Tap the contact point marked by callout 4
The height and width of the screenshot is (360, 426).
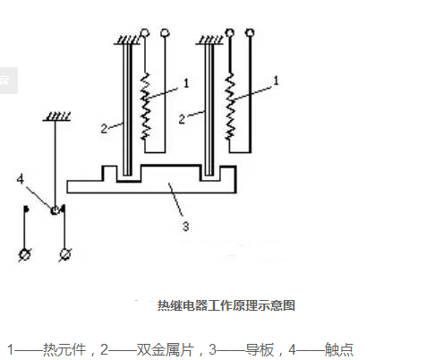[x=55, y=210]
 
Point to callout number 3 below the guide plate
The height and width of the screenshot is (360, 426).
[x=185, y=227]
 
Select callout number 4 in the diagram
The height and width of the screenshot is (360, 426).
[x=20, y=179]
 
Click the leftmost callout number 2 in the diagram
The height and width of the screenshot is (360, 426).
[x=104, y=128]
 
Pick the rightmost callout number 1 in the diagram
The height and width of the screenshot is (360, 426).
[x=277, y=80]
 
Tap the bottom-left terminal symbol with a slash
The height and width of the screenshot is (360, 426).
[x=25, y=256]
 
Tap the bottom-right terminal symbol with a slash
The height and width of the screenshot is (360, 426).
[x=64, y=256]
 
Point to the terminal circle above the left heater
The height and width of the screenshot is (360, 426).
[x=165, y=35]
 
